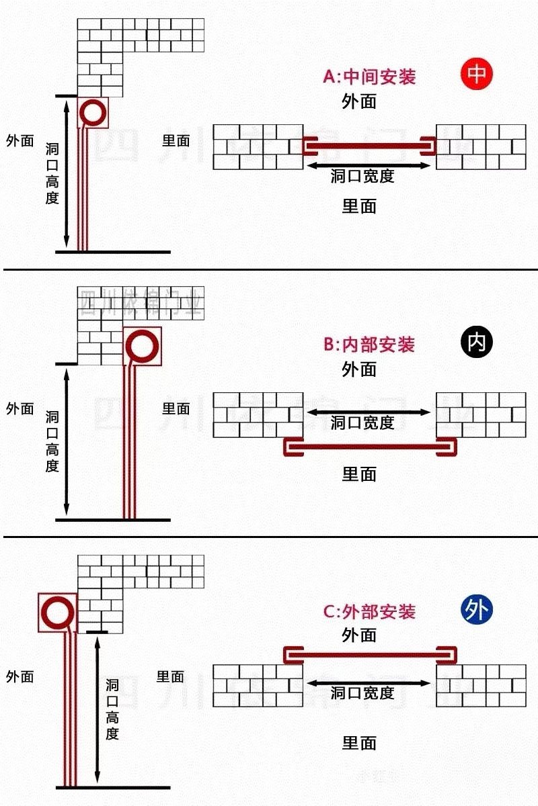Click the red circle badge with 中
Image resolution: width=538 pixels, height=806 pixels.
pyautogui.click(x=477, y=74)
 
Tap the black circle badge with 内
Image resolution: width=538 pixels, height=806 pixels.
pyautogui.click(x=477, y=343)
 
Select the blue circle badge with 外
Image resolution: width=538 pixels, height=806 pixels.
pyautogui.click(x=477, y=610)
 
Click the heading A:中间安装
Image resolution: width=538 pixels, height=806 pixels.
pyautogui.click(x=369, y=77)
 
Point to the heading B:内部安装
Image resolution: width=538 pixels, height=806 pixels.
pyautogui.click(x=369, y=345)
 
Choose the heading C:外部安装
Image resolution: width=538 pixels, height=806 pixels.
pyautogui.click(x=369, y=612)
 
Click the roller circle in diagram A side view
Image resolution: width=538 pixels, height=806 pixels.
pyautogui.click(x=93, y=113)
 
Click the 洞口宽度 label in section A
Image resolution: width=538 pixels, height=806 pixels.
pyautogui.click(x=362, y=177)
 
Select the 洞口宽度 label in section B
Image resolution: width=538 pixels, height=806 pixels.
pyautogui.click(x=362, y=422)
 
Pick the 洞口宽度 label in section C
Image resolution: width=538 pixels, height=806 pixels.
pyautogui.click(x=362, y=692)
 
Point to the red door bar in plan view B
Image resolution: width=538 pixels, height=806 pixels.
pyautogui.click(x=369, y=447)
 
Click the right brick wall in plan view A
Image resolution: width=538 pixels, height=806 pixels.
pyautogui.click(x=481, y=146)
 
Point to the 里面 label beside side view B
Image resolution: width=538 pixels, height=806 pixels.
pyautogui.click(x=176, y=408)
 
